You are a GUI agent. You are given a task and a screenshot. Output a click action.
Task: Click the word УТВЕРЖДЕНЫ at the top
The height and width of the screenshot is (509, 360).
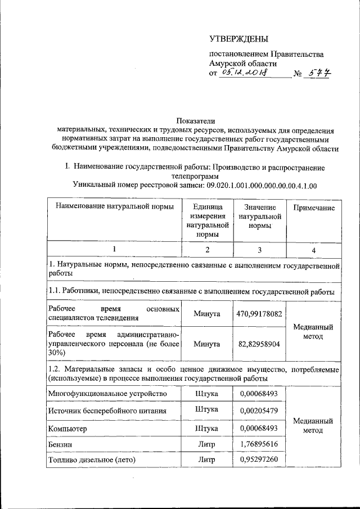coord(238,39)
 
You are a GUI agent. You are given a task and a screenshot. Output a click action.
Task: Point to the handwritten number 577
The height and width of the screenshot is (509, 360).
coord(318,74)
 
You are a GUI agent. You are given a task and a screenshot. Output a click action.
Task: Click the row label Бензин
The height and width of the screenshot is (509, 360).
coord(61,444)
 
